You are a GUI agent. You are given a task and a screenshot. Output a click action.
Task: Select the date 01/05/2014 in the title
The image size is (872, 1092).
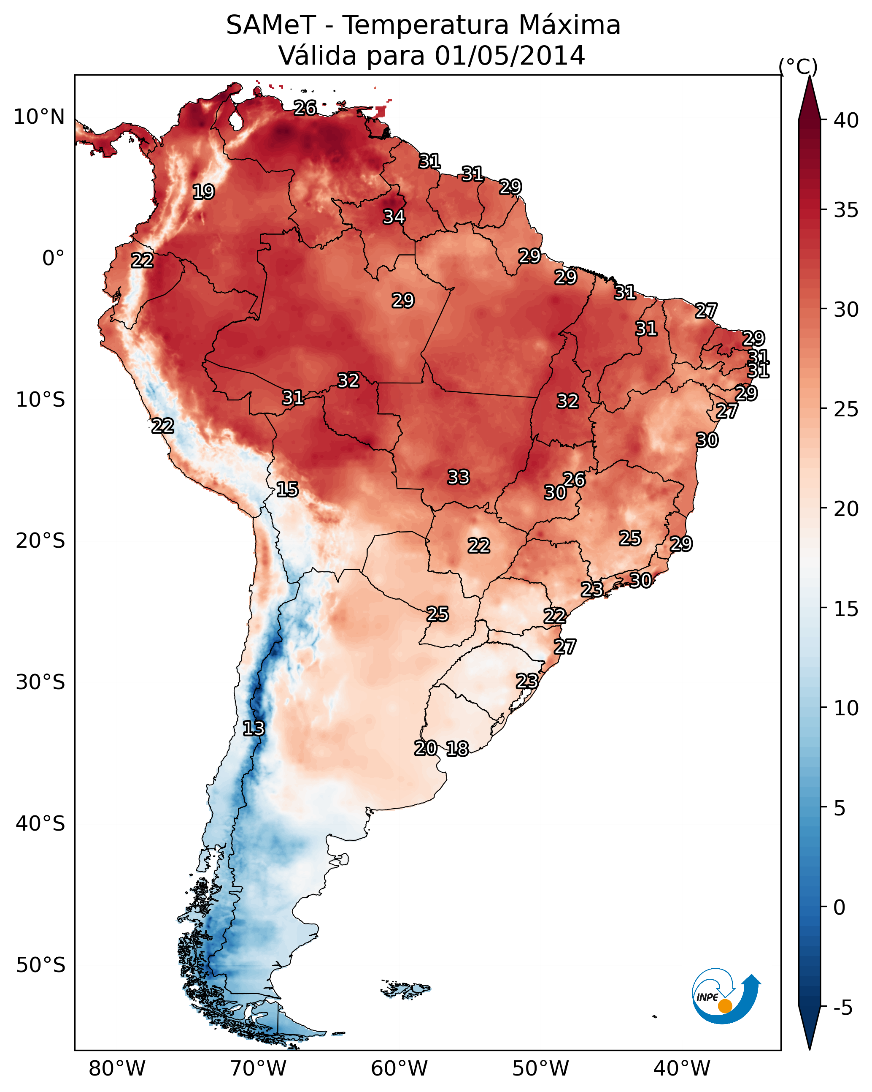510,56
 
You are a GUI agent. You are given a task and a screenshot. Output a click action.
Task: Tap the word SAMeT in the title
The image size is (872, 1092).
271,25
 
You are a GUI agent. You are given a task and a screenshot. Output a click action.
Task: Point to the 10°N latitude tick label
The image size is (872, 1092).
39,117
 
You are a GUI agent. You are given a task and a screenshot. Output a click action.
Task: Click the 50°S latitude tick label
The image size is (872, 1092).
40,965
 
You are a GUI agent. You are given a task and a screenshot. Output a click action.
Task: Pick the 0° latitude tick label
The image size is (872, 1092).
53,258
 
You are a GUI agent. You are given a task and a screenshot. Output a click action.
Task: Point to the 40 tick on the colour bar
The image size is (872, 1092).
846,120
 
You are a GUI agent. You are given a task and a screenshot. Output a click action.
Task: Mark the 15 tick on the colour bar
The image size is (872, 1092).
846,609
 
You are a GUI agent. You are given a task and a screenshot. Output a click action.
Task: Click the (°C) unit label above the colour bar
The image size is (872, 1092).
798,66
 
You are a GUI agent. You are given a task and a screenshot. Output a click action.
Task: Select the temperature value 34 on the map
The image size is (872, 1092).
394,217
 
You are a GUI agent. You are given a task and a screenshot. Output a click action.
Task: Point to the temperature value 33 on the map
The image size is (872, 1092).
459,477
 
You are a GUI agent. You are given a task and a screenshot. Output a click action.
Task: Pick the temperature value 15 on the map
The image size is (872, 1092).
287,489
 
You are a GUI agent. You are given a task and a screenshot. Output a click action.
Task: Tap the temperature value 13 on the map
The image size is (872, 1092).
254,728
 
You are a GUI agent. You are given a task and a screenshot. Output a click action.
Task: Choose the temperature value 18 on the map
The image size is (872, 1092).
457,749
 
